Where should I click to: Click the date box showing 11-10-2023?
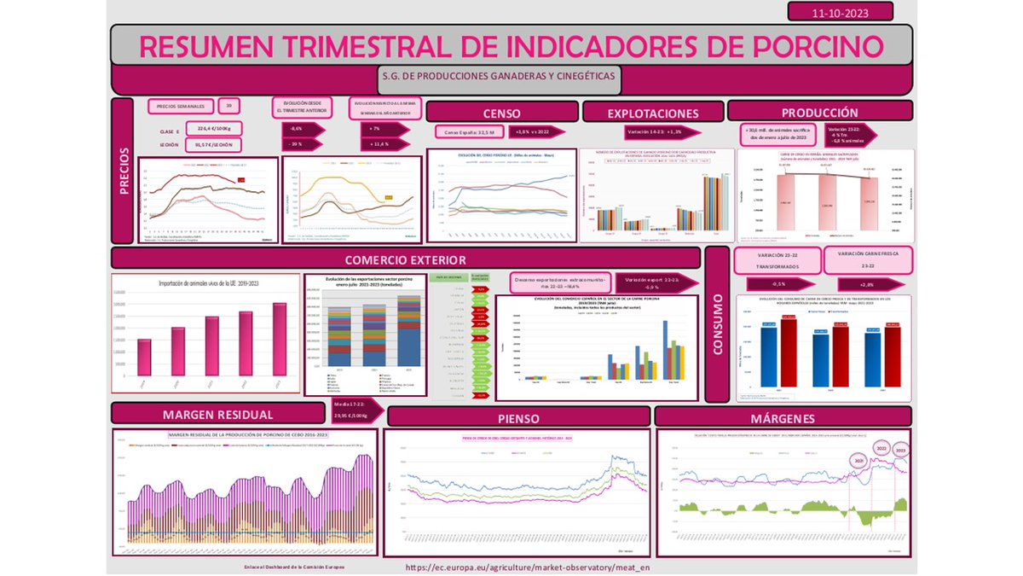point(840,11)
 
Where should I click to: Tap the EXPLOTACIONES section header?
point(652,113)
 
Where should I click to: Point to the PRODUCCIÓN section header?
point(819,112)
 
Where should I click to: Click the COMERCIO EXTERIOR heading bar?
point(405,259)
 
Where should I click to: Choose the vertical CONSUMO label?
point(718,324)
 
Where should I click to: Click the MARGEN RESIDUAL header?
point(217,415)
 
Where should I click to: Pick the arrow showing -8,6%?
point(301,129)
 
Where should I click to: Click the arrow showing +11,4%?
point(379,144)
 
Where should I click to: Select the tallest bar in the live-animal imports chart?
point(280,339)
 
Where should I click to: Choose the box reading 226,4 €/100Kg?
point(214,129)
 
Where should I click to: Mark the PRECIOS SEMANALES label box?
point(179,107)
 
